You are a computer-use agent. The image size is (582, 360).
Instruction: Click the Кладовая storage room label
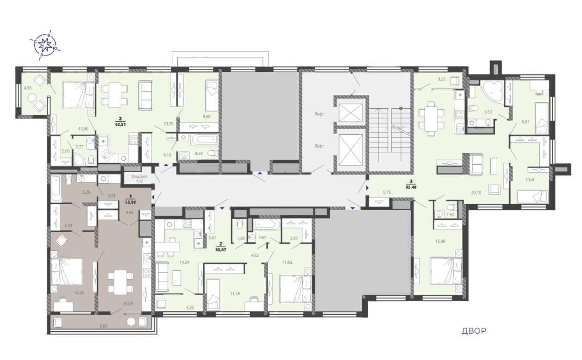click(139, 176)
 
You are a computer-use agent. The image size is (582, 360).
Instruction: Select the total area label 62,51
click(120, 124)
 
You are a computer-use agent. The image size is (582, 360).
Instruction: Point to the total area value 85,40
click(411, 187)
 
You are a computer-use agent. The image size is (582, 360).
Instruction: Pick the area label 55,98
click(130, 202)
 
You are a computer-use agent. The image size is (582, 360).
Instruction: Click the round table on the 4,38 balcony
click(32, 98)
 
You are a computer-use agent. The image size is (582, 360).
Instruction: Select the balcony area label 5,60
click(103, 326)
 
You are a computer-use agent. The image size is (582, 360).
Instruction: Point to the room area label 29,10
click(476, 193)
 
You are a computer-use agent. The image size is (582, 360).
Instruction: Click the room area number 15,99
click(440, 241)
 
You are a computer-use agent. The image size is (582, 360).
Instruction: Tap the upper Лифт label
click(319, 114)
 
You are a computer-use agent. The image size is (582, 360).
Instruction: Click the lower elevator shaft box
click(351, 150)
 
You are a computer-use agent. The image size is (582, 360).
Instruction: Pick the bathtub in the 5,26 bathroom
click(56, 189)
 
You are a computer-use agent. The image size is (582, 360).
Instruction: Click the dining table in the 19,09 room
click(120, 282)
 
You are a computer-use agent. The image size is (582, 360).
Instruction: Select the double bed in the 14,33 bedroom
click(67, 272)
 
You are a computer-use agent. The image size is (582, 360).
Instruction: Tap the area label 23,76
click(169, 124)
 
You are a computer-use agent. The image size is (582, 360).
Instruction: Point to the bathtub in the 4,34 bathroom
click(205, 139)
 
